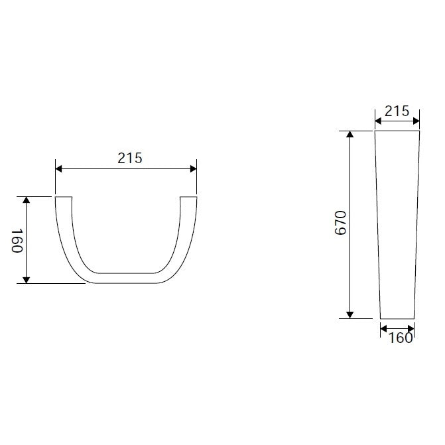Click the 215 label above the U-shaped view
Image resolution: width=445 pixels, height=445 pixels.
130,158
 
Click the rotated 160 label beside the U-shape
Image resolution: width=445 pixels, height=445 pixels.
17,241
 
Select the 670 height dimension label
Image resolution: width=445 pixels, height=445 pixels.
341,223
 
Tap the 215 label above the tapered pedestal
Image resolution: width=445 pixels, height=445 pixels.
397,111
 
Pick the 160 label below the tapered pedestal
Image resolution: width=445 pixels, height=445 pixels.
400,338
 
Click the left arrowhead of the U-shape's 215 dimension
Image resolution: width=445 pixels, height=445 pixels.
59,169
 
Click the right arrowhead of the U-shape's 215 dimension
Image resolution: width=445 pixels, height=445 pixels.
193,169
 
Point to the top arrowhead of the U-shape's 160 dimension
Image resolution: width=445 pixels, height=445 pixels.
26,200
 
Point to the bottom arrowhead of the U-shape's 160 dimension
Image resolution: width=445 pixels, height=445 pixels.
26,280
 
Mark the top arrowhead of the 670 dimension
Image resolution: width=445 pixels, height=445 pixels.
350,134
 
